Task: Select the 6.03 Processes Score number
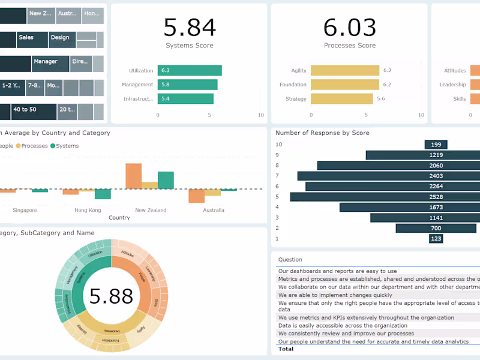350,28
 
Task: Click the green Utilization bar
190,71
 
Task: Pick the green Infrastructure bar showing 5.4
185,99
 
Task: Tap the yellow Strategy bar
342,99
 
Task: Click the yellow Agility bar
345,71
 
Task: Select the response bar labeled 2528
384,197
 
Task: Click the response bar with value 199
436,145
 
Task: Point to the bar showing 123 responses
436,239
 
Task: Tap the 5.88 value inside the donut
111,296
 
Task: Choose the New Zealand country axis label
151,210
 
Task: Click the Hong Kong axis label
88,210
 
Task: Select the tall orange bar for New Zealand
133,176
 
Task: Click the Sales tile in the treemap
26,38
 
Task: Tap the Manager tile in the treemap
46,62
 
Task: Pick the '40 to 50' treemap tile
25,110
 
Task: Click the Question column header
290,260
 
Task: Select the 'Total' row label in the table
286,349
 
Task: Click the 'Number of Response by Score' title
322,133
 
